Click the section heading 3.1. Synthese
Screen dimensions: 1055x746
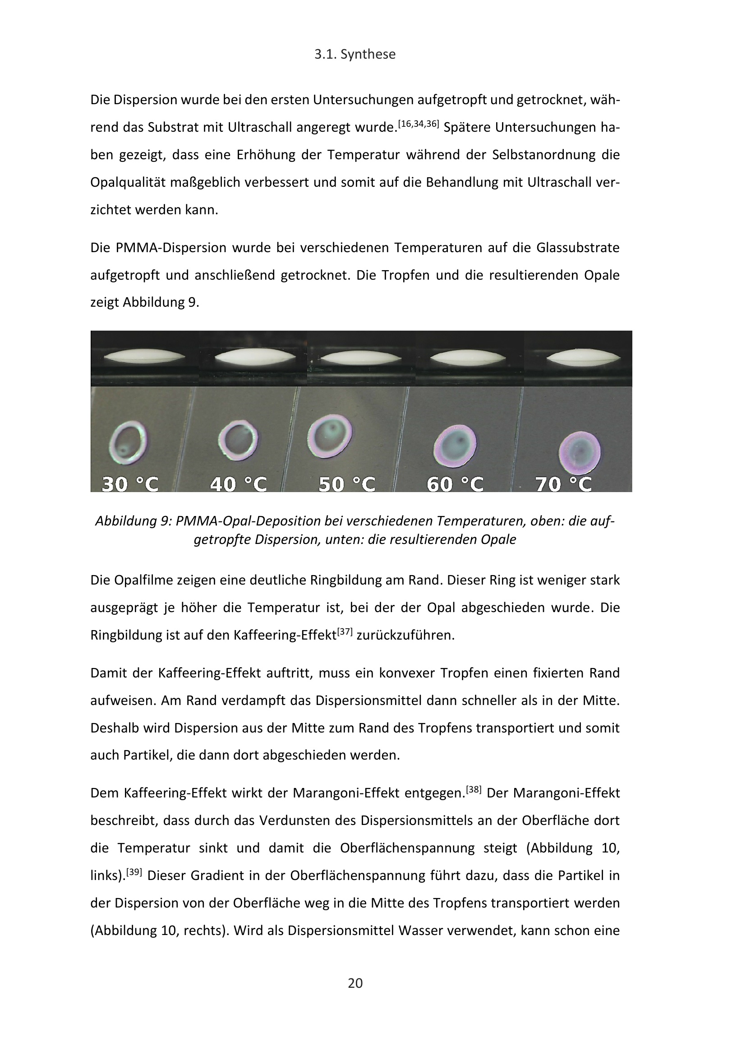355,55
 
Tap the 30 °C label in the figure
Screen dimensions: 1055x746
130,484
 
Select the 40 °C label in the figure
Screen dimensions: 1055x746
239,484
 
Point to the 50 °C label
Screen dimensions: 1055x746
347,484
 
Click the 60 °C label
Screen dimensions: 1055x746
455,484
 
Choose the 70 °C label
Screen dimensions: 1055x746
564,484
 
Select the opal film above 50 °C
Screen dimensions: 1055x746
329,436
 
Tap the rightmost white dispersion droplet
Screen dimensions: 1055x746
583,358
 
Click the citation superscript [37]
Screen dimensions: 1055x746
345,631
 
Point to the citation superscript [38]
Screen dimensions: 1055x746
474,789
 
